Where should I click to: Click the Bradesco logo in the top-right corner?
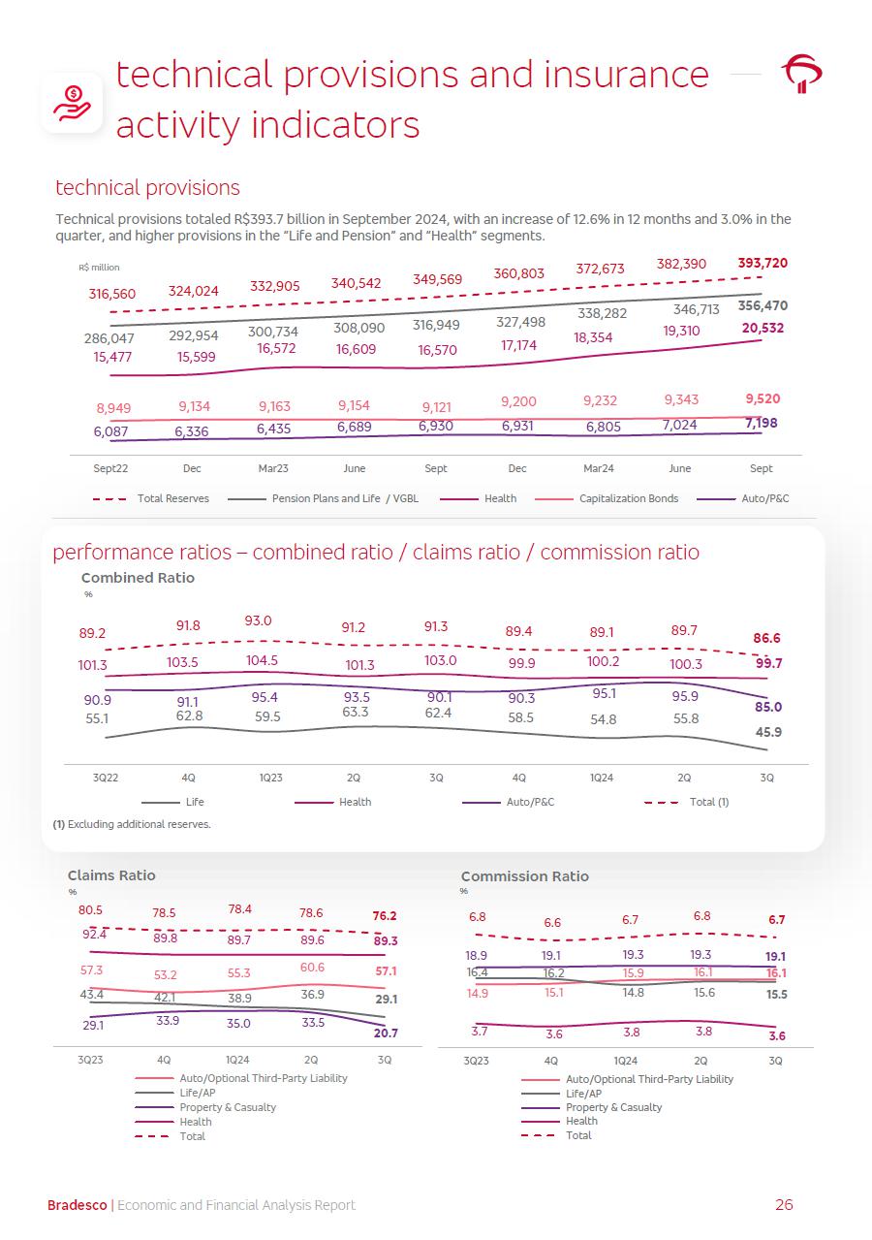[x=802, y=75]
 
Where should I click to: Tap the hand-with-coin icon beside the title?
[x=72, y=102]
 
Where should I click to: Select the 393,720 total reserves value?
[x=762, y=263]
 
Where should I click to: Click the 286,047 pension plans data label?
[x=109, y=339]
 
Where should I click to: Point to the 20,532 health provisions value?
[x=763, y=329]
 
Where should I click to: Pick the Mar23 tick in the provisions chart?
[x=273, y=468]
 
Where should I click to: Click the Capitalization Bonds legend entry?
[x=628, y=498]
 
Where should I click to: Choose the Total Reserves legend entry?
[x=172, y=498]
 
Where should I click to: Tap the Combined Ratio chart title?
[x=138, y=578]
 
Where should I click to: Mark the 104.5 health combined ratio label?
[x=262, y=660]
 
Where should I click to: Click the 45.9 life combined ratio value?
[x=768, y=732]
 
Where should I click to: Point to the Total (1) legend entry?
[x=708, y=802]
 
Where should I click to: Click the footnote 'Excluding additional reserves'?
[x=132, y=824]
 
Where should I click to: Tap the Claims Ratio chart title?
[x=110, y=875]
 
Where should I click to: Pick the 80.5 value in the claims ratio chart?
[x=90, y=910]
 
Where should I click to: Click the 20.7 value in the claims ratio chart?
[x=385, y=1034]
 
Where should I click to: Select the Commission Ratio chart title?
[x=524, y=876]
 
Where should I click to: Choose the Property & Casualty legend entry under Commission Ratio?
[x=613, y=1107]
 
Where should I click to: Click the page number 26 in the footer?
[x=784, y=1205]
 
